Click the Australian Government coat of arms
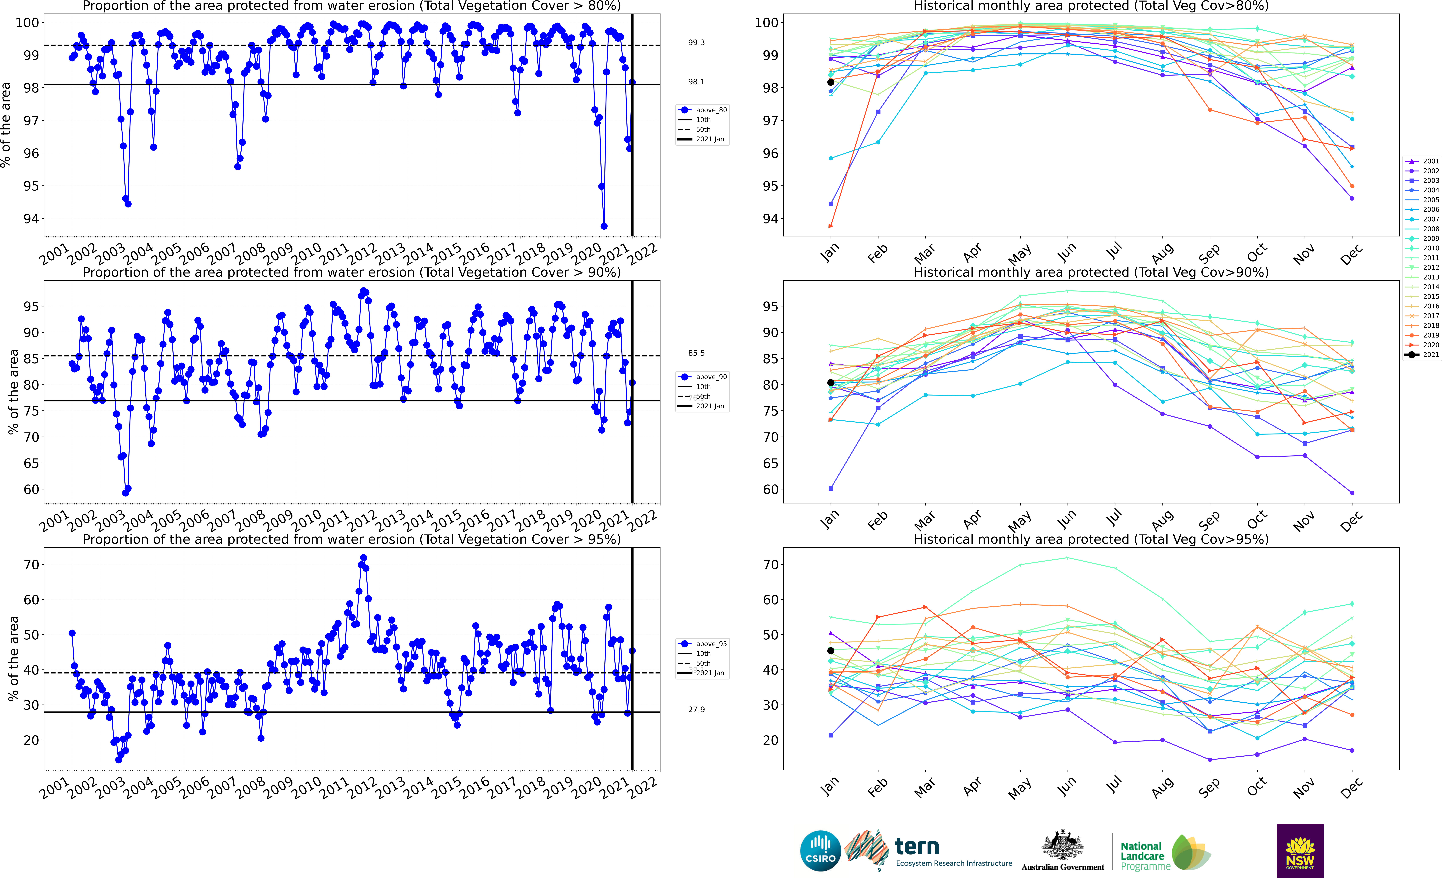(x=1062, y=846)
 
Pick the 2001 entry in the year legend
(x=1422, y=161)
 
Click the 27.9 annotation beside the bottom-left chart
(x=696, y=709)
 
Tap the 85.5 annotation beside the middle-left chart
(x=696, y=353)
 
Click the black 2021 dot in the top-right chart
(x=830, y=82)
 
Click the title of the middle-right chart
(x=1091, y=272)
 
